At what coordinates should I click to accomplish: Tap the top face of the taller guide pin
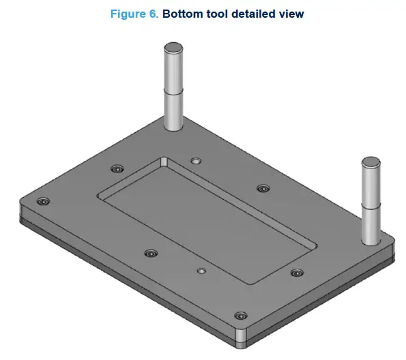click(x=172, y=46)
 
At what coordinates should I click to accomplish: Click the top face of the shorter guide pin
click(x=371, y=162)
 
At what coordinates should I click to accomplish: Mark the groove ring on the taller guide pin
click(x=172, y=93)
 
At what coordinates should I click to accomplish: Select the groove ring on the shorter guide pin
click(x=371, y=206)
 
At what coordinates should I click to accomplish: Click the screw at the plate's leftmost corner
click(x=44, y=202)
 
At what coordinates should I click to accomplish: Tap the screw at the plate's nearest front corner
click(x=239, y=316)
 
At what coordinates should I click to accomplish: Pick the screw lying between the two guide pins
click(x=263, y=188)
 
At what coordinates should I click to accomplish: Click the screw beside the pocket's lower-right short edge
click(x=295, y=273)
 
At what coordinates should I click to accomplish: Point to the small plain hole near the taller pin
click(x=196, y=161)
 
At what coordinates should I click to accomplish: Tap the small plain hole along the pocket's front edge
click(x=201, y=271)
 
